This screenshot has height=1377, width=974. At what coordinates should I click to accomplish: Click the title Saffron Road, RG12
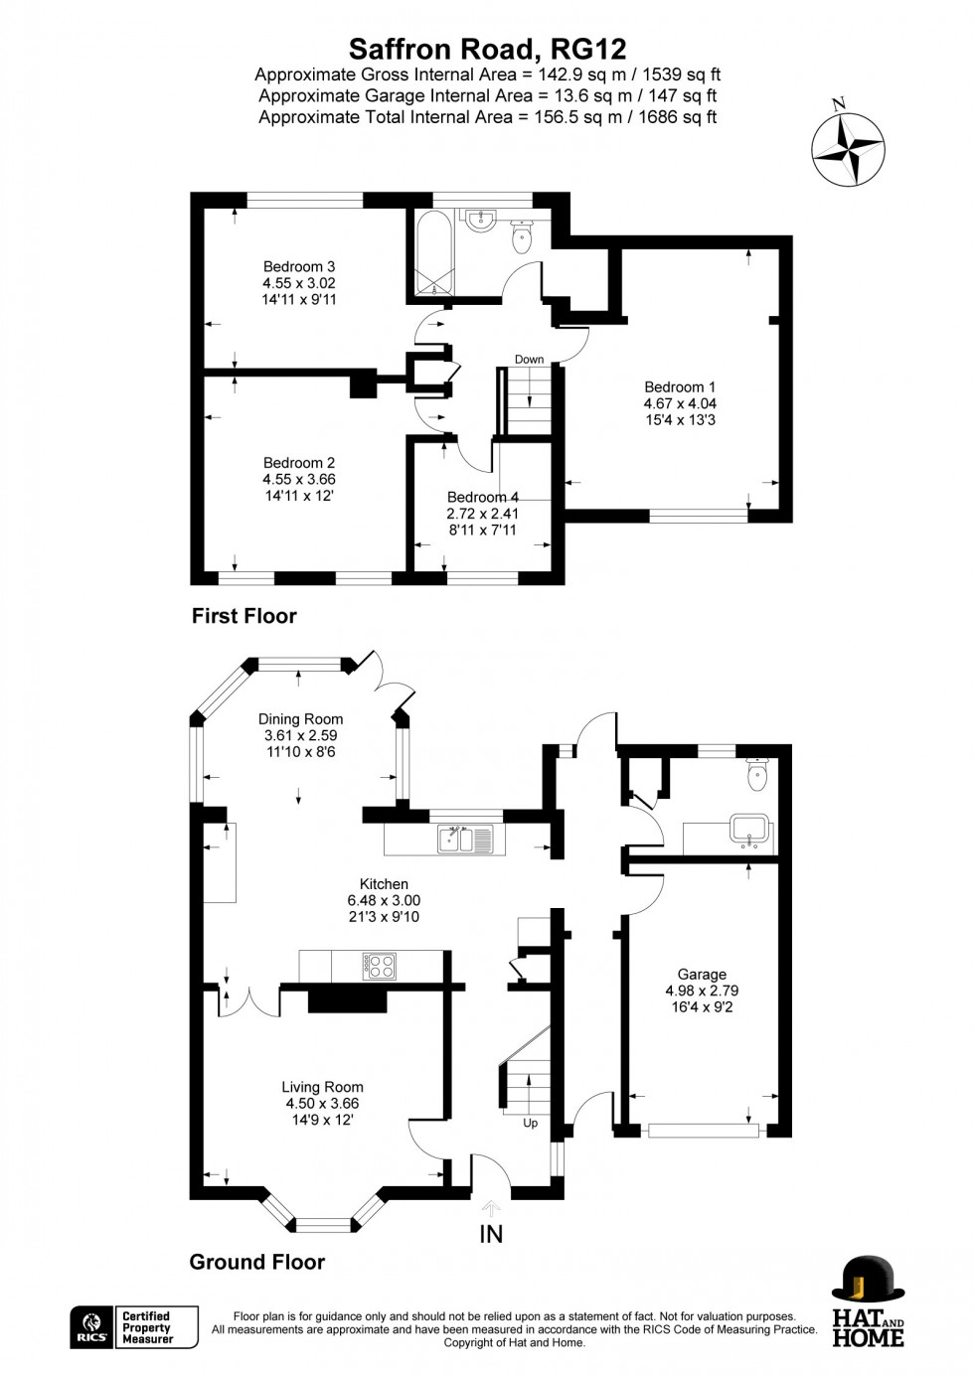487,49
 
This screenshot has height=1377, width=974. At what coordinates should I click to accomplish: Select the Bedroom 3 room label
299,266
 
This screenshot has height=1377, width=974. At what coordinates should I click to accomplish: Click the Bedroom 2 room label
299,463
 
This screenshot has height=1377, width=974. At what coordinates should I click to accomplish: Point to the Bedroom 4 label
483,497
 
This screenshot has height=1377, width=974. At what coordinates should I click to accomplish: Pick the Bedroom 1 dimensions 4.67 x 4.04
680,403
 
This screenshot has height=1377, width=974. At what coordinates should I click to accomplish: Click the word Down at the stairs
529,360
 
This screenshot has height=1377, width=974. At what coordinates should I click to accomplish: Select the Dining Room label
300,719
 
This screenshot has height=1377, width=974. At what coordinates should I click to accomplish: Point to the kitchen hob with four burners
380,966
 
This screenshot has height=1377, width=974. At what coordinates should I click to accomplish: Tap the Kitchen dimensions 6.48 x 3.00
384,900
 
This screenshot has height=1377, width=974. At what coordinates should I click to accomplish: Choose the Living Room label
322,1087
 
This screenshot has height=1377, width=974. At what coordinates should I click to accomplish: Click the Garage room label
702,975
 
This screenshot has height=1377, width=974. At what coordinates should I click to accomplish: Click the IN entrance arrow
491,1209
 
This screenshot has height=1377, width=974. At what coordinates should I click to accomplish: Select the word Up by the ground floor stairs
530,1123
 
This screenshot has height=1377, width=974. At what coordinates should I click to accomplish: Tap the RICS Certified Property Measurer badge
134,1327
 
